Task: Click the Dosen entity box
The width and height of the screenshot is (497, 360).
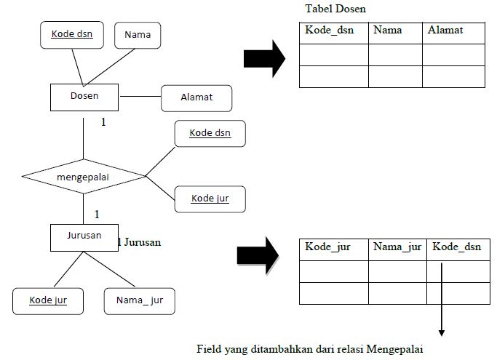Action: click(x=84, y=96)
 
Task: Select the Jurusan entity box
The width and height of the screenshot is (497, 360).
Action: click(x=84, y=236)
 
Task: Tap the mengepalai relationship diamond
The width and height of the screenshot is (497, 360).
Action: click(x=84, y=176)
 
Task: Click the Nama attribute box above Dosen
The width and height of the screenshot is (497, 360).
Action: click(x=138, y=35)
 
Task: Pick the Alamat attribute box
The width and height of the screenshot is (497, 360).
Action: click(x=196, y=97)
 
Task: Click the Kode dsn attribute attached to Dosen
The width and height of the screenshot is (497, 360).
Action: click(x=71, y=34)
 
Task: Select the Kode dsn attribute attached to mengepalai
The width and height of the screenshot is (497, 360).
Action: click(x=210, y=133)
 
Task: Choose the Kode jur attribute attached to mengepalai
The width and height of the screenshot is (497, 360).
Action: click(x=210, y=199)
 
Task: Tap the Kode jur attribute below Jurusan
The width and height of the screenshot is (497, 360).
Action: click(x=48, y=300)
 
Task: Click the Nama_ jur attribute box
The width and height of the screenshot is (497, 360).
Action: click(x=139, y=300)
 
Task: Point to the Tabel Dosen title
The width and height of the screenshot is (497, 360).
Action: click(x=336, y=9)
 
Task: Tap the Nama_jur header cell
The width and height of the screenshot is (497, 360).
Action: click(x=397, y=247)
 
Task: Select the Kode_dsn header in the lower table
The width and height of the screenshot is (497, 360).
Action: click(x=458, y=247)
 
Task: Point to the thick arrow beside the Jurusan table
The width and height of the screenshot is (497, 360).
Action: click(x=260, y=255)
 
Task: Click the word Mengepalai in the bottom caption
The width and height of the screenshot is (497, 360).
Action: click(x=389, y=348)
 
